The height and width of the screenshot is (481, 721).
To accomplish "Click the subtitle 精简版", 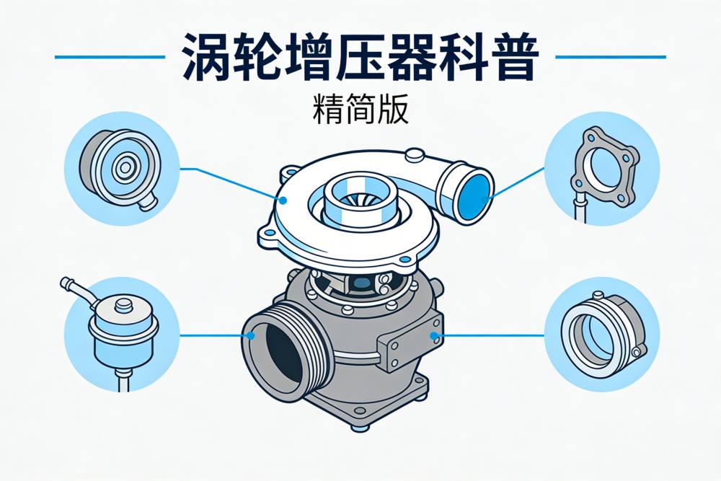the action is coord(360,110).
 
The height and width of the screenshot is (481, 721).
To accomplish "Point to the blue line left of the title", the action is coord(110,57).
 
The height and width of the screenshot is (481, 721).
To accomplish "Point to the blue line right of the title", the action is coord(611,57).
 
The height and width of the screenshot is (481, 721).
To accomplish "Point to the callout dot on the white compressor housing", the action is coord(283,200).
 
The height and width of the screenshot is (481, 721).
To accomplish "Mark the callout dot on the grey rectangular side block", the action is coord(433,335).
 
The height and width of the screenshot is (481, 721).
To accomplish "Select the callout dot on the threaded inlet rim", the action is coord(251,335).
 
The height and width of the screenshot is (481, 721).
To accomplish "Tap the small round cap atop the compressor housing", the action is coord(415,155).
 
